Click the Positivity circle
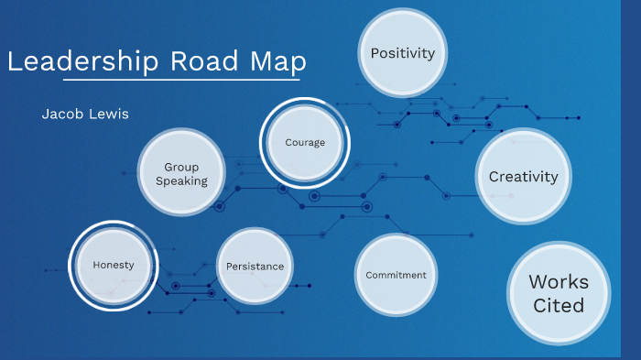click(x=402, y=53)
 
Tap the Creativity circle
click(x=523, y=177)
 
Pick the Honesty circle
click(x=114, y=265)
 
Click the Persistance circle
click(x=255, y=267)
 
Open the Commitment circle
click(x=396, y=275)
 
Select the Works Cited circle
click(x=559, y=293)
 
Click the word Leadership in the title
click(x=83, y=61)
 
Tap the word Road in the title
click(x=204, y=61)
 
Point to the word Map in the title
click(x=277, y=61)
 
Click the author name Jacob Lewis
click(x=85, y=115)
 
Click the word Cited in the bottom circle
click(x=559, y=305)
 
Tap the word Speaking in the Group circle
click(x=181, y=181)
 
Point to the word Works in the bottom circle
click(x=559, y=281)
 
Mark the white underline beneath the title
click(x=156, y=80)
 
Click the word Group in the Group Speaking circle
click(x=181, y=167)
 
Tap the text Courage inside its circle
click(x=305, y=142)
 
